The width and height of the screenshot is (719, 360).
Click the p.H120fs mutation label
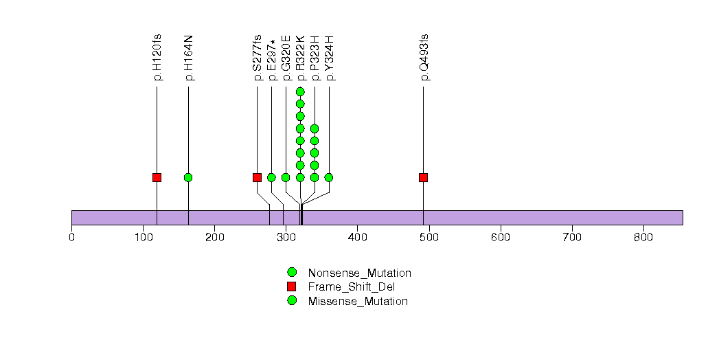[x=157, y=58]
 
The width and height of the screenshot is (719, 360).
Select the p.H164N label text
[x=189, y=58]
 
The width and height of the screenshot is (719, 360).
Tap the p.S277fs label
[x=258, y=58]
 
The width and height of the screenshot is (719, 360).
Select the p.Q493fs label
[x=424, y=58]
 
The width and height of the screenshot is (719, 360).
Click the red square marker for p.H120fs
[x=157, y=177]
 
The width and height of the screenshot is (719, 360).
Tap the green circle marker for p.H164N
[x=188, y=177]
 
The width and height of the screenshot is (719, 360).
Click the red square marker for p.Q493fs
[x=423, y=177]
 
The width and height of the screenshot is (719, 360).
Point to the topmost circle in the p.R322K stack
[x=300, y=91]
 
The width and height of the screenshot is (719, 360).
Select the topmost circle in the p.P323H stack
[x=315, y=128]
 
